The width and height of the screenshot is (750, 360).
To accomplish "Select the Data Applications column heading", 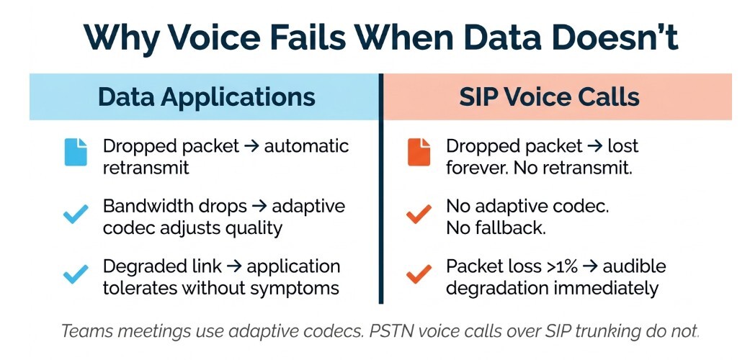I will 206,96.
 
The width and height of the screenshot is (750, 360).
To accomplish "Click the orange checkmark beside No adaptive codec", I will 419,214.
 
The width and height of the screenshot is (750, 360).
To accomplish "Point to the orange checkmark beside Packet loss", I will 419,274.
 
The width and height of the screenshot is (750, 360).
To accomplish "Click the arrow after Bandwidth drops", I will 259,207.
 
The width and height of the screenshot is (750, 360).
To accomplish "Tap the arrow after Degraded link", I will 233,266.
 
